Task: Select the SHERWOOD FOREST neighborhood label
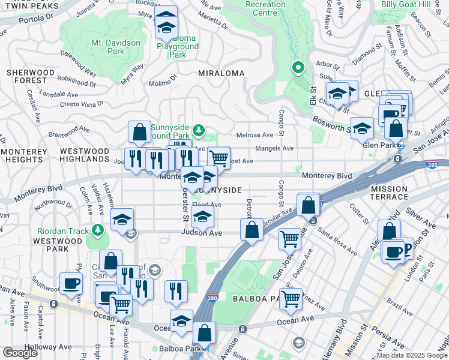pos(26,76)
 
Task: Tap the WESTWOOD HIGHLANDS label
pos(85,155)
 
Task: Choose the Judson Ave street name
pos(202,233)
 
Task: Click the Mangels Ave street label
pos(274,148)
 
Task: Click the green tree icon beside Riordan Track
pos(97,230)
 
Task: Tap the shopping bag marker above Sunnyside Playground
pos(139,133)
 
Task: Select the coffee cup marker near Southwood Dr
pos(71,283)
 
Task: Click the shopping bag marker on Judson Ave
pos(252,229)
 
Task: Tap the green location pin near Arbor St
pos(297,68)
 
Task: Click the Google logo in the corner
pos(20,353)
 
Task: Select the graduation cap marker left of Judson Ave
pos(122,220)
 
